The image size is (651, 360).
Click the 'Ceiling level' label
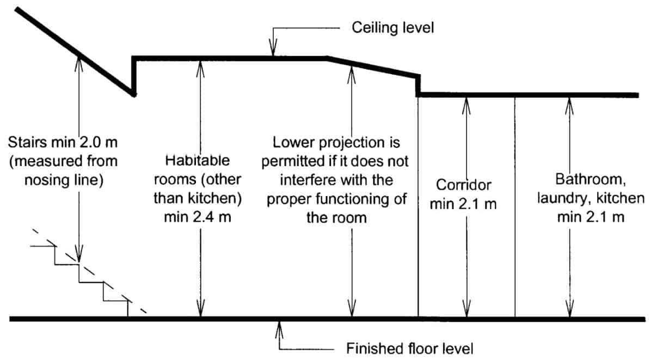tap(393, 28)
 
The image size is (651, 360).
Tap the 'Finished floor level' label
tap(410, 348)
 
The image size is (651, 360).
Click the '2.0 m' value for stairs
tap(99, 143)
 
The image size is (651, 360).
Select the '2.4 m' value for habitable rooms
tap(211, 217)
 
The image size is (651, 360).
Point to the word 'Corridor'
tap(463, 185)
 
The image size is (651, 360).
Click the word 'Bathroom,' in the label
tap(591, 179)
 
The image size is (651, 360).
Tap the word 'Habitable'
tap(198, 160)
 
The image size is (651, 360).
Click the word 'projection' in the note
tap(352, 143)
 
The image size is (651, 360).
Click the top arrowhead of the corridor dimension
tap(466, 106)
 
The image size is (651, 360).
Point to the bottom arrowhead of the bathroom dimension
tap(570, 309)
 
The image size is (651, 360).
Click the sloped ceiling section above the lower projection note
tap(373, 67)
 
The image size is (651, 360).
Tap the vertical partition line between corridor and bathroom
tap(515, 207)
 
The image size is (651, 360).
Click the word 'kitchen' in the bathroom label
tap(621, 198)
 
